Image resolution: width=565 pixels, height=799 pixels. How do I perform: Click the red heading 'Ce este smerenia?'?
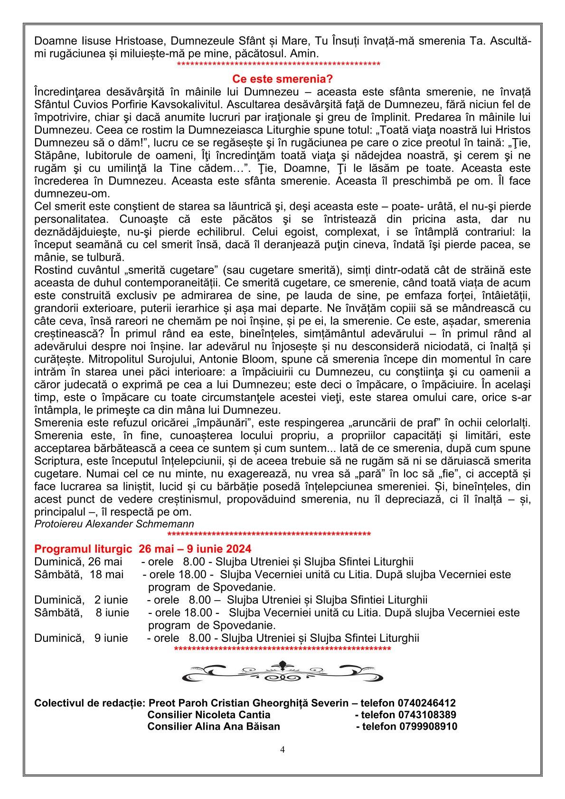pos(282,78)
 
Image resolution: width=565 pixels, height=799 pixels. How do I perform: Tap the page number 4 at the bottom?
pos(282,749)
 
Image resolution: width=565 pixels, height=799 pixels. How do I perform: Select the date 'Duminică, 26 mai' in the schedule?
pos(78,562)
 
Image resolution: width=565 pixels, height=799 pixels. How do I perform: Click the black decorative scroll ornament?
pos(282,670)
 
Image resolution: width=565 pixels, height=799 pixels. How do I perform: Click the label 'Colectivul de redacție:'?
pos(90,703)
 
